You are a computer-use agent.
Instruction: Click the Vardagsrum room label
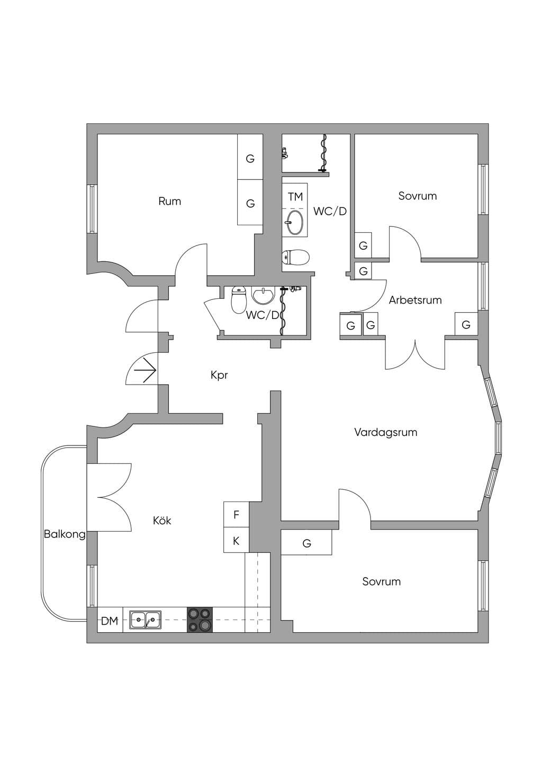(386, 432)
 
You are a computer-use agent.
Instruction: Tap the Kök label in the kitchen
(162, 521)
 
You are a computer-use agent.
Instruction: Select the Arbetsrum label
(415, 300)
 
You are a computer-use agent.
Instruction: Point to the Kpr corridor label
(219, 376)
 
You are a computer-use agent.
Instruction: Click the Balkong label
(65, 534)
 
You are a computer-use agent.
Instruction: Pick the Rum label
(169, 201)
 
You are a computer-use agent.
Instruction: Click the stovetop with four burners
(200, 619)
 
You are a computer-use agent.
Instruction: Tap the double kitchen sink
(146, 619)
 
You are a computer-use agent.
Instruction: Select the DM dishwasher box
(110, 620)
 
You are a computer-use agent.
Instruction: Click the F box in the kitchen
(236, 514)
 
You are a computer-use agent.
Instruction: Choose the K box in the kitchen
(236, 540)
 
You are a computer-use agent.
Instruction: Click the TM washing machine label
(295, 197)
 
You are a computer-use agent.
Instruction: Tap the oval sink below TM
(295, 223)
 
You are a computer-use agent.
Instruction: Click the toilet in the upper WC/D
(295, 257)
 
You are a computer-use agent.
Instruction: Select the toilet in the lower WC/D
(239, 300)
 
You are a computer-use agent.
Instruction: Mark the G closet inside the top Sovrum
(363, 245)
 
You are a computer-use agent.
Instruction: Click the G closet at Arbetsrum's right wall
(466, 324)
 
